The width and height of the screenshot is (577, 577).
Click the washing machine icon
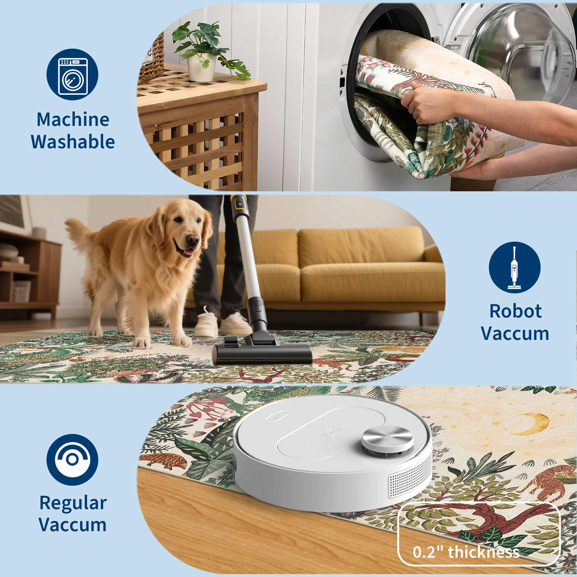[x=72, y=74]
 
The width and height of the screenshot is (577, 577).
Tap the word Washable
[x=73, y=142]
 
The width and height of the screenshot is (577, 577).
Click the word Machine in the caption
[x=73, y=120]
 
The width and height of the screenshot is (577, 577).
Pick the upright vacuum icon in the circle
[x=514, y=268]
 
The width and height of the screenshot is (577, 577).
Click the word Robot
[x=515, y=311]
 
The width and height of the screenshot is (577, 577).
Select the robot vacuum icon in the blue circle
[x=72, y=460]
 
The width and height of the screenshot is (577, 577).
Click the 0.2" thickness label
[x=466, y=552]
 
